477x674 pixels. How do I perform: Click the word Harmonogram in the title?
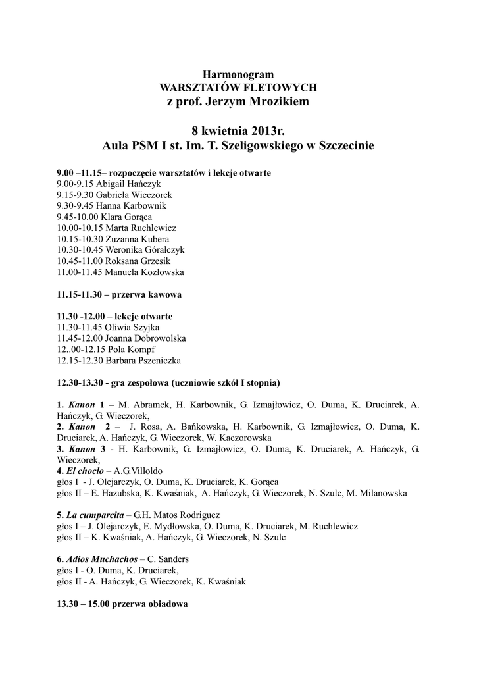238,74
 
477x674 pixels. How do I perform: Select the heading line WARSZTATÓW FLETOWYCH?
238,87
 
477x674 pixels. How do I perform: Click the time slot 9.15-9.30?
75,195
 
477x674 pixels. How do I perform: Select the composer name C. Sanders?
168,559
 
